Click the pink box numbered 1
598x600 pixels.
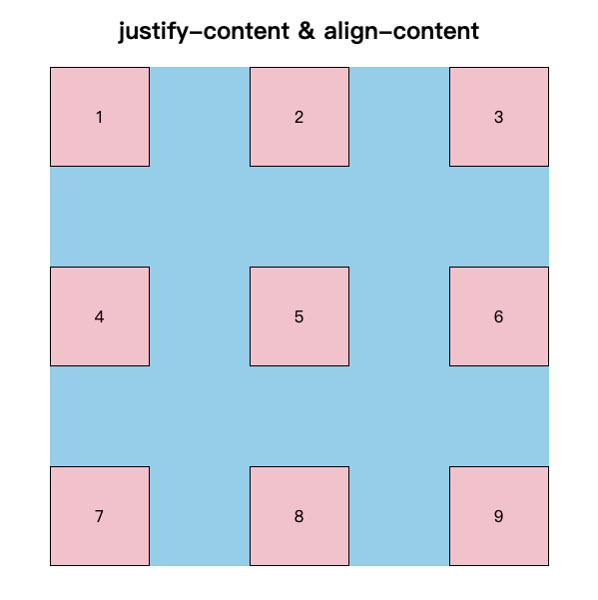(x=100, y=117)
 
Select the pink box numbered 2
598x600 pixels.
(x=299, y=117)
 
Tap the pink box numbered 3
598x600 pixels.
(x=499, y=117)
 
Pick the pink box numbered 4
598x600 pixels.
(x=100, y=316)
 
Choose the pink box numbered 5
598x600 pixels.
(x=299, y=316)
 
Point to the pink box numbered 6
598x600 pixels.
(x=499, y=316)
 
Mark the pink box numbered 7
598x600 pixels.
(x=100, y=516)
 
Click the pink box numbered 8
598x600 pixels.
(x=299, y=516)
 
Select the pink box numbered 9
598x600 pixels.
(x=499, y=516)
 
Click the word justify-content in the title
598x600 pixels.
(x=204, y=31)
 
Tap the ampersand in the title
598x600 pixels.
(x=306, y=31)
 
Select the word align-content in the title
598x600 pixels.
(x=401, y=31)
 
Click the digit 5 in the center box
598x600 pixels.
(x=299, y=316)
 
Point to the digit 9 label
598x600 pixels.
(x=498, y=516)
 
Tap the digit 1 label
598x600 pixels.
(x=100, y=117)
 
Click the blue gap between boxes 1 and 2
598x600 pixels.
(x=200, y=117)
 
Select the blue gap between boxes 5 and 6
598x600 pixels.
(x=399, y=316)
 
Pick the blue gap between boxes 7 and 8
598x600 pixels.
(x=200, y=516)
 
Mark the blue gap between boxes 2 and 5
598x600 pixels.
(x=299, y=217)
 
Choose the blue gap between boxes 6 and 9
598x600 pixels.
(x=499, y=416)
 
